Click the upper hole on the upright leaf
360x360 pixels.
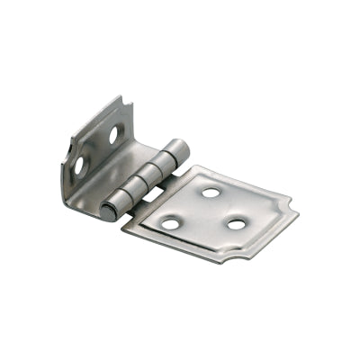click(114, 135)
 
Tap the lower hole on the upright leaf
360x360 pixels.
click(80, 166)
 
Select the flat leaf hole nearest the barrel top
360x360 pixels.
click(209, 192)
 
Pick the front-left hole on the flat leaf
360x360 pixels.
click(170, 222)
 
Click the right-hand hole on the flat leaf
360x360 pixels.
click(237, 222)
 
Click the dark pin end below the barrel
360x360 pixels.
click(107, 214)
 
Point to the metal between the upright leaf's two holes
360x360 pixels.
click(97, 150)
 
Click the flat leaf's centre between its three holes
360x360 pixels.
click(205, 213)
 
